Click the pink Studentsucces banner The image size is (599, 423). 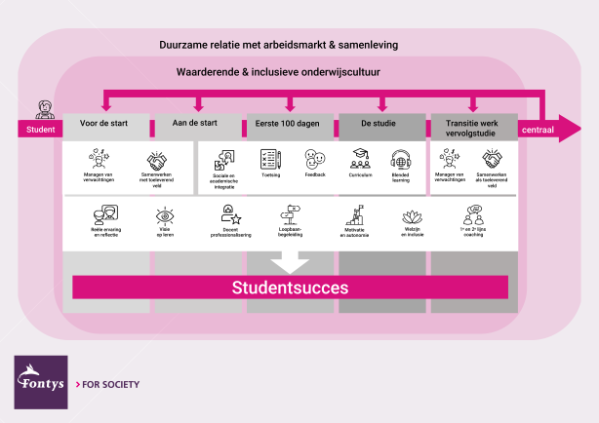coord(291,288)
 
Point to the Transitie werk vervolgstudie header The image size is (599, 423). coord(473,127)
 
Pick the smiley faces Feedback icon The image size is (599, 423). coord(314,159)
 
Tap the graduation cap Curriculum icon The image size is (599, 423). coord(360,158)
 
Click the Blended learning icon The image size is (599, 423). coord(401,159)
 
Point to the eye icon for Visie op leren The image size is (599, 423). coord(165,214)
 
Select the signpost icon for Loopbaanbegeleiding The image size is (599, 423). coord(292,213)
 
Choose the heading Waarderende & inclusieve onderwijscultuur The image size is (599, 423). coord(278,73)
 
